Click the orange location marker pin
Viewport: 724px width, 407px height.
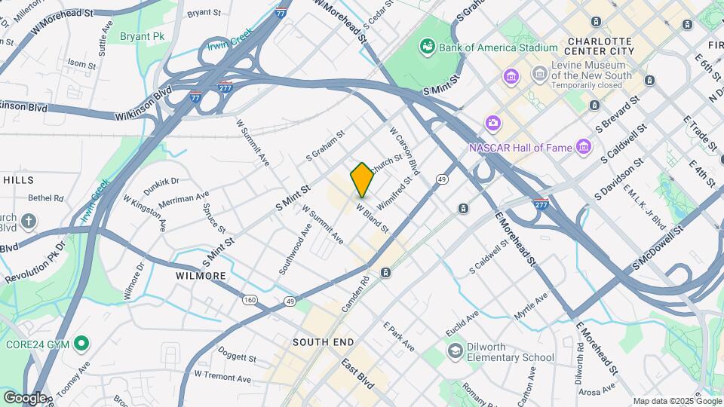coord(362,180)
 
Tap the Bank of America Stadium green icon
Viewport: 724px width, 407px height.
coord(428,47)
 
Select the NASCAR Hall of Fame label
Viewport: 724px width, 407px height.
coord(520,147)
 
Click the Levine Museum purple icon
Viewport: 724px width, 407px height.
coord(539,74)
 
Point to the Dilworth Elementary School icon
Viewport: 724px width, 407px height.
coord(455,350)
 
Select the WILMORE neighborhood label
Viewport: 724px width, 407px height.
coord(201,276)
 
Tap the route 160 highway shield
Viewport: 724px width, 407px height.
coord(250,300)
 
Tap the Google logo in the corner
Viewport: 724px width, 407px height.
coord(25,397)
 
